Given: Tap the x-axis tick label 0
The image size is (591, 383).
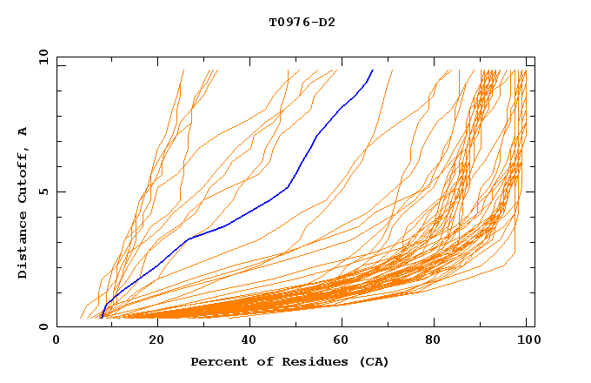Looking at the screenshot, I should click(x=57, y=341).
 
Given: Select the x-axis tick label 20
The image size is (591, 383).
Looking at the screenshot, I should click(x=156, y=341).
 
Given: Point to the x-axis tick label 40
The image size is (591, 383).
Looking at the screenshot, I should click(x=249, y=341).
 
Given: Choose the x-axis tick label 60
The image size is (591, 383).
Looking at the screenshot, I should click(x=343, y=341).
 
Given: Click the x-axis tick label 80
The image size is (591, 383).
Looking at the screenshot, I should click(x=437, y=341).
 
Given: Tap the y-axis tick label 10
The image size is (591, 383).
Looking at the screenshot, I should click(x=42, y=57).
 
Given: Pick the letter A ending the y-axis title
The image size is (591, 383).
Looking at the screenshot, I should click(x=23, y=131).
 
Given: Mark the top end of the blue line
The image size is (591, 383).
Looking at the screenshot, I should click(x=373, y=70).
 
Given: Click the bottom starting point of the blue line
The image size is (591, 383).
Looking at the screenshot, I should click(x=101, y=318).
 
